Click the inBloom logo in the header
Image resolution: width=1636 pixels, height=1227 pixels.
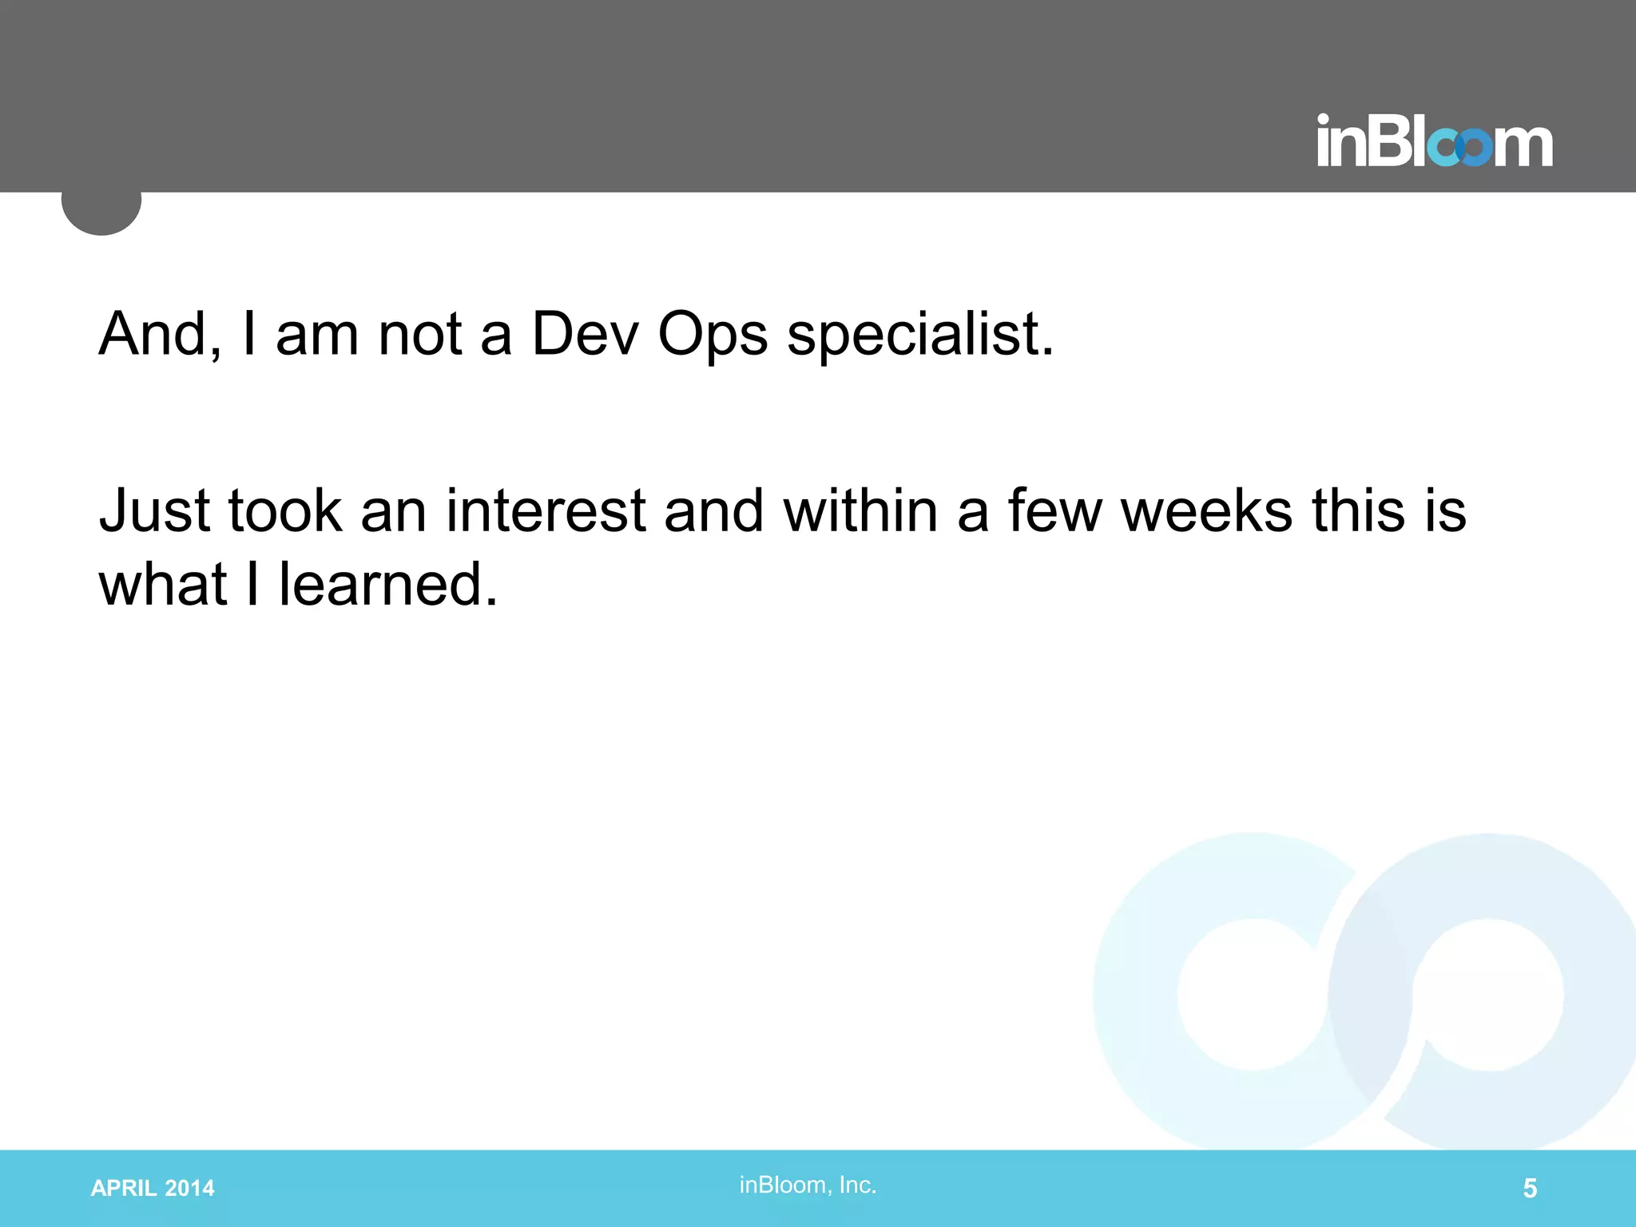coord(1435,142)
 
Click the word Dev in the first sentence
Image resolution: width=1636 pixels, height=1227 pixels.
coord(585,334)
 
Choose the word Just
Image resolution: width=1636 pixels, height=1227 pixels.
coord(154,511)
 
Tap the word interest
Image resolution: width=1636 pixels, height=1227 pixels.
coord(545,511)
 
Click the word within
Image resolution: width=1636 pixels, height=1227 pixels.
coord(860,511)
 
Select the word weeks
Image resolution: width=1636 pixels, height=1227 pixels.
coord(1206,511)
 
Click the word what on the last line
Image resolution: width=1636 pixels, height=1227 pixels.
coord(163,585)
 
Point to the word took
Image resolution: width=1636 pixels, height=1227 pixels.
coord(285,511)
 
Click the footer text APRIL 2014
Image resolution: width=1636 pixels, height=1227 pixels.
coord(153,1189)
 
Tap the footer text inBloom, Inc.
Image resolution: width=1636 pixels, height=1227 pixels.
coord(808,1185)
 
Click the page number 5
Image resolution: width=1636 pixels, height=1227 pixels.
coord(1530,1189)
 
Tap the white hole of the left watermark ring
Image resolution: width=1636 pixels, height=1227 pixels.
coord(1253,995)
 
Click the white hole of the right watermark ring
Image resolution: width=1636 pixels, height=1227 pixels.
coord(1487,995)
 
